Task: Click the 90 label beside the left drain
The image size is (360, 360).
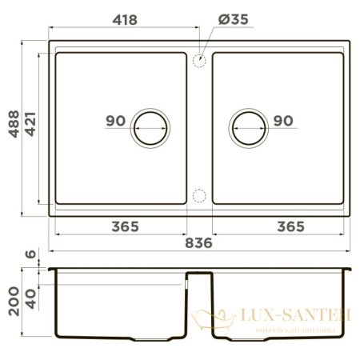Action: [x=114, y=121]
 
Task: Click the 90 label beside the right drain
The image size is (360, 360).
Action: [x=283, y=121]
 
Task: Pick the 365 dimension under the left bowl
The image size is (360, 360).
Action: [x=124, y=226]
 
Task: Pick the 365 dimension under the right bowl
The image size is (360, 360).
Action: [x=288, y=226]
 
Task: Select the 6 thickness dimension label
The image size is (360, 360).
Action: [x=31, y=255]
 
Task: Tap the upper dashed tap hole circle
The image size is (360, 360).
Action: [x=200, y=59]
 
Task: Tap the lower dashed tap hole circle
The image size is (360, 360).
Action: [x=200, y=194]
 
